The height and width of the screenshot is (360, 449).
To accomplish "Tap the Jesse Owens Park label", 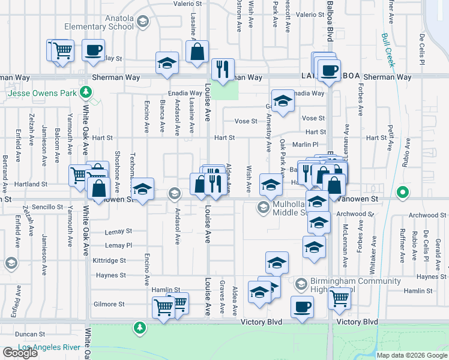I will tap(43, 93).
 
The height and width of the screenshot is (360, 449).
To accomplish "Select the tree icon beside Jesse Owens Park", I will tap(87, 92).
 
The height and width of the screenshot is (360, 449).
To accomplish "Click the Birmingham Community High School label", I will tap(338, 285).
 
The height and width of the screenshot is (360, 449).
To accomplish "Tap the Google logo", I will tap(20, 353).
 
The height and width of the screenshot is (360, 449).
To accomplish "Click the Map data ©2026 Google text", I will tap(412, 355).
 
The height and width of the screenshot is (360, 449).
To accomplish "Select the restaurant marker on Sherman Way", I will tap(223, 69).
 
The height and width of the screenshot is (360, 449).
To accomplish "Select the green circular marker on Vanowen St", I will tap(403, 193).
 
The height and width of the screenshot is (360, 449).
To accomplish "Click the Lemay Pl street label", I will tap(118, 245).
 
